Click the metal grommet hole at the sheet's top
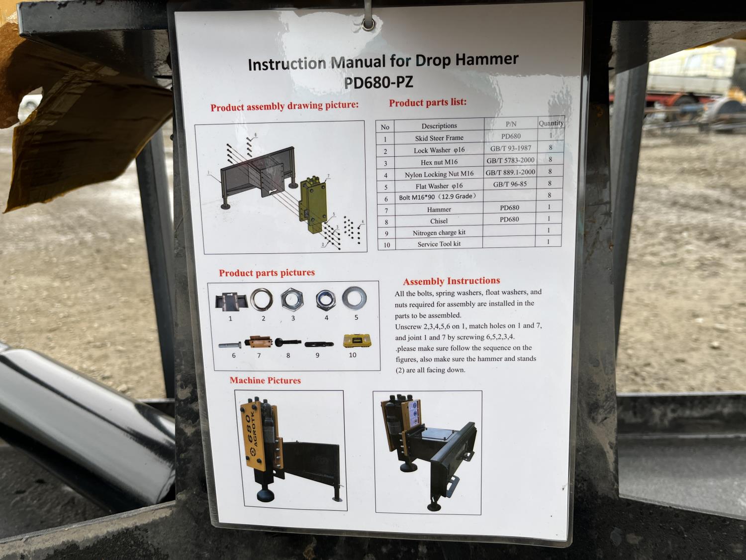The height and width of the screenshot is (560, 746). tap(368, 24)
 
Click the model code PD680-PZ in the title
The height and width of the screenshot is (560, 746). tap(378, 83)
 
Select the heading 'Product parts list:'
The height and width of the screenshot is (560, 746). tap(428, 103)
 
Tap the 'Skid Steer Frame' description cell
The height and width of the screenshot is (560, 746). tap(439, 138)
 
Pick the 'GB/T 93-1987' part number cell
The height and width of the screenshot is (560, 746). tap(510, 148)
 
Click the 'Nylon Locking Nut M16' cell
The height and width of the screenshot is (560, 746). tap(439, 174)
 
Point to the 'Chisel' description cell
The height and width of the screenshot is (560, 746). tap(439, 221)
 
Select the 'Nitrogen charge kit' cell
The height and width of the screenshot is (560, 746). tap(439, 232)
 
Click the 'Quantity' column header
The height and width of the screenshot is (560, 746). tap(551, 123)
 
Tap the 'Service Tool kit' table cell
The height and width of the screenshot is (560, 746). tap(439, 244)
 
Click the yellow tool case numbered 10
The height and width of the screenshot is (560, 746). tap(357, 340)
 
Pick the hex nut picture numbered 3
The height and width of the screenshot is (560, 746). tap(292, 300)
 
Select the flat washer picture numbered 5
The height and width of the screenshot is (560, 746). tap(354, 298)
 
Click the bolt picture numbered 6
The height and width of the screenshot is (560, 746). tap(230, 345)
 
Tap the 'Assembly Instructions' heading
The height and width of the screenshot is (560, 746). tap(452, 281)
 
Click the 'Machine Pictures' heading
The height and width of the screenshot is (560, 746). tap(265, 380)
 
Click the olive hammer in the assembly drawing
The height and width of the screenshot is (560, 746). tap(313, 205)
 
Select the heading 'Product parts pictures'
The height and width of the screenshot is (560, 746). tap(267, 273)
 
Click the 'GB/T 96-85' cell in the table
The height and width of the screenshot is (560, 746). tap(510, 184)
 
